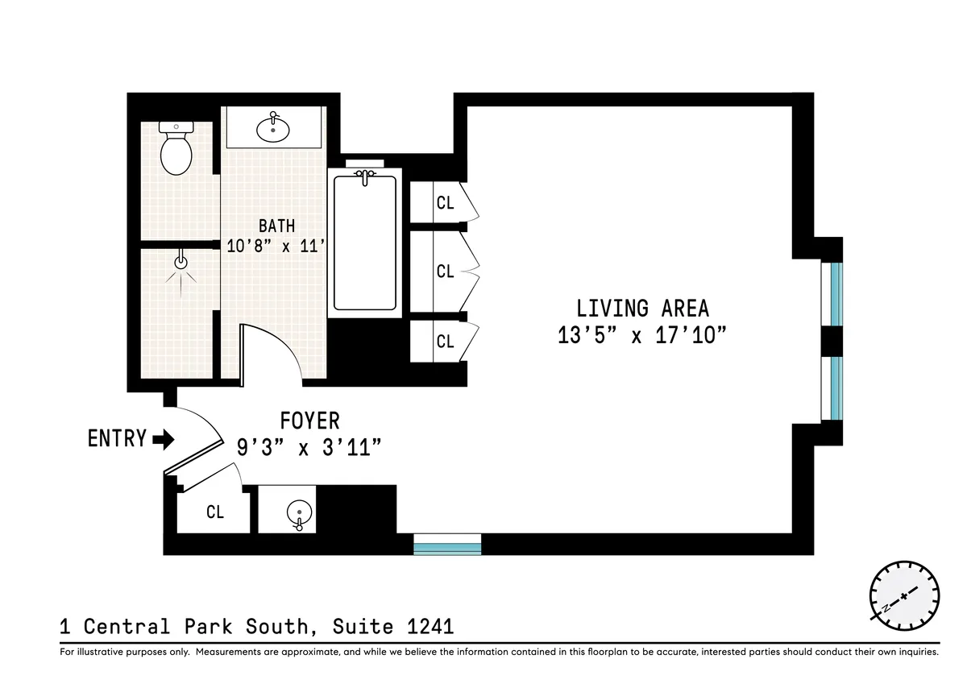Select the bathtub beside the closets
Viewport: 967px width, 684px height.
point(365,242)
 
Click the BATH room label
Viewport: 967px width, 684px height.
point(276,226)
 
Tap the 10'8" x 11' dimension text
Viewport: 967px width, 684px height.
point(276,247)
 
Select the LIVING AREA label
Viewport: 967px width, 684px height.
point(642,309)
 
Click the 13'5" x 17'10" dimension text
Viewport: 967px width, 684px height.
point(642,335)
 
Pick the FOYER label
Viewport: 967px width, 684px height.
point(309,421)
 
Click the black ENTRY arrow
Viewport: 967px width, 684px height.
point(164,439)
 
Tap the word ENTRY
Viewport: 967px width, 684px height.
point(117,439)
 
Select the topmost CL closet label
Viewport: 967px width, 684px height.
point(445,203)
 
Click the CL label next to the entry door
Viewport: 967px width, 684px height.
point(214,512)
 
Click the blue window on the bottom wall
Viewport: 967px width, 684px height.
point(447,545)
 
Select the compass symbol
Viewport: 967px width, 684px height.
point(904,596)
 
